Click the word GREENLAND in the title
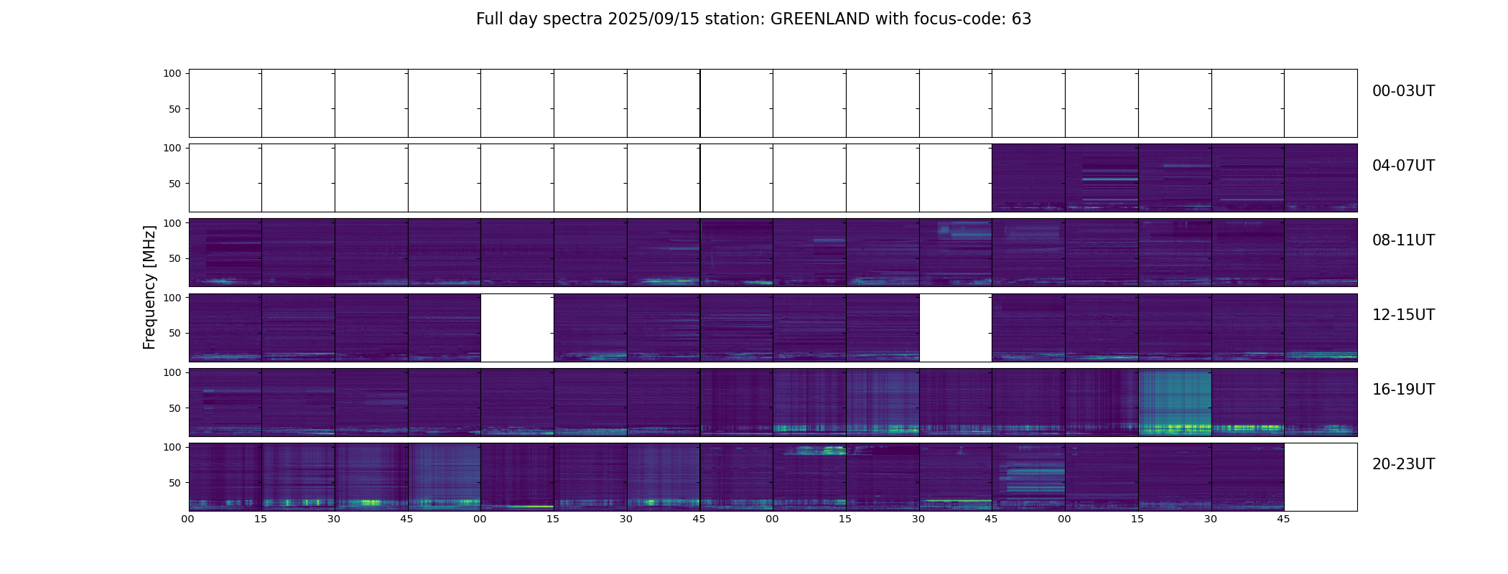click(820, 19)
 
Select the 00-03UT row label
click(1403, 91)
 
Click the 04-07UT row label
click(1403, 166)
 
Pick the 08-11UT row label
click(1403, 240)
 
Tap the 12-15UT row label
click(1403, 315)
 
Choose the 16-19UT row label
click(1403, 390)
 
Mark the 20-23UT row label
click(1403, 464)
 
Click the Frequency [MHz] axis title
click(149, 287)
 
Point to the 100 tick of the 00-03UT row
click(172, 73)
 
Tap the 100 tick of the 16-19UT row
click(172, 372)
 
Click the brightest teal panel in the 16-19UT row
click(1175, 403)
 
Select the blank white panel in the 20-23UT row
click(1321, 477)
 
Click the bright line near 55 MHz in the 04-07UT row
click(1101, 179)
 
